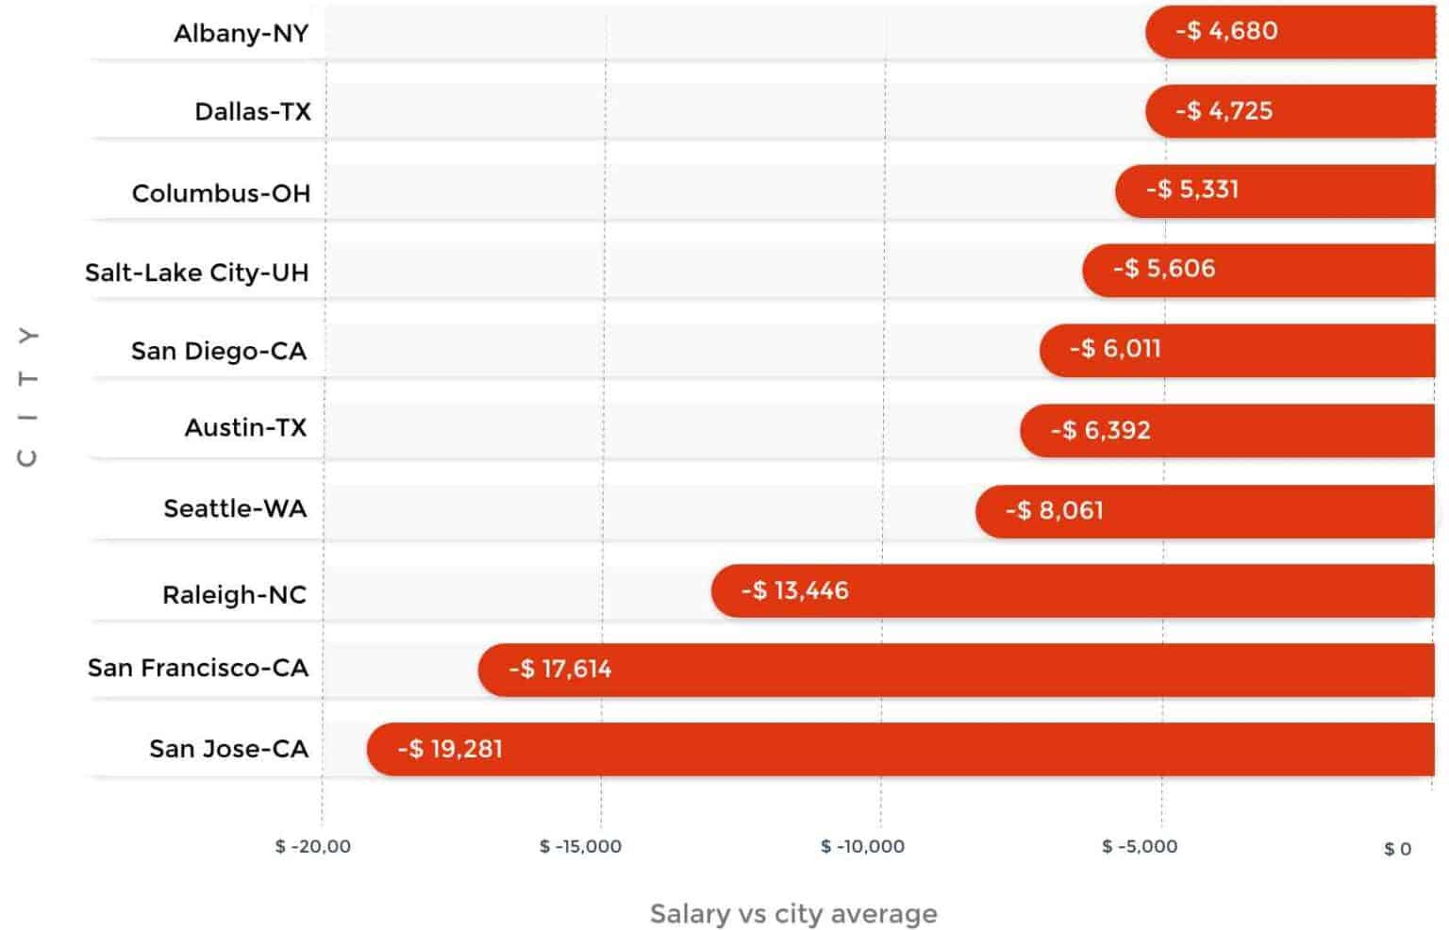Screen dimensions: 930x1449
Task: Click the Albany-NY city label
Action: click(x=241, y=33)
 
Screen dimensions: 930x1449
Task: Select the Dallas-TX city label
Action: click(x=252, y=111)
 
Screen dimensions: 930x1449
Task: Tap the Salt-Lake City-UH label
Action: click(x=196, y=273)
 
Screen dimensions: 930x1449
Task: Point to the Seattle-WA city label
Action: click(x=235, y=508)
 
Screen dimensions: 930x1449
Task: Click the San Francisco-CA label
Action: click(x=197, y=668)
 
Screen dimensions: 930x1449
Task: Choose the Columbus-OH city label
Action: click(x=221, y=193)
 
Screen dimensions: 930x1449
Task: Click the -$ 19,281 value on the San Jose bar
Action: click(x=450, y=749)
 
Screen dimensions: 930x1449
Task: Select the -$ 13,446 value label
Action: click(x=794, y=590)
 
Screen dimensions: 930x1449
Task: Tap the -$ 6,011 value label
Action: click(x=1114, y=348)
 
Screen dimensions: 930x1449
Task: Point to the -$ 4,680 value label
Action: click(x=1225, y=31)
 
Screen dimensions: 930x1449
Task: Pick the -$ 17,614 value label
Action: click(x=559, y=669)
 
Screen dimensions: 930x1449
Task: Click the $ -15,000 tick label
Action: click(x=580, y=846)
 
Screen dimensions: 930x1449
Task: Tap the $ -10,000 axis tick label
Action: click(x=862, y=846)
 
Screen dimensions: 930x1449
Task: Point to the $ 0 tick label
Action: click(x=1397, y=849)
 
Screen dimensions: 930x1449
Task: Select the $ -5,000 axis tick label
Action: click(x=1140, y=846)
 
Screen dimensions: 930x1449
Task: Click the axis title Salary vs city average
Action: click(x=793, y=913)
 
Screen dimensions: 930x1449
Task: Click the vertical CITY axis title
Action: click(x=28, y=396)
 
